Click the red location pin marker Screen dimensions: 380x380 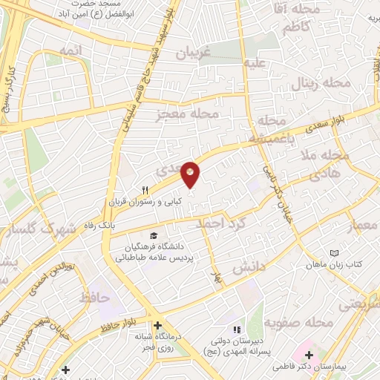click(191, 174)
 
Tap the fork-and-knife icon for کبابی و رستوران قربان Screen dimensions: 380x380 click(145, 190)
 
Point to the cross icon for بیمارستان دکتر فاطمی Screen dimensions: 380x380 click(309, 355)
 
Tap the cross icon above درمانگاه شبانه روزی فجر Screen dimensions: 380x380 click(157, 325)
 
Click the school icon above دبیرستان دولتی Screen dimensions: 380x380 click(237, 330)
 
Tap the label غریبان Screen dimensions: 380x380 click(195, 53)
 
